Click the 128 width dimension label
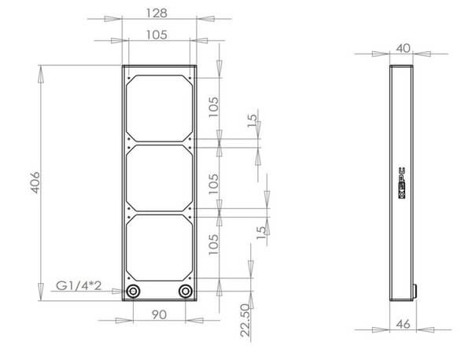coord(157,13)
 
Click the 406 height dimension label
coord(35,182)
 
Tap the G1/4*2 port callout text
coord(79,285)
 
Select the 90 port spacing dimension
coord(159,314)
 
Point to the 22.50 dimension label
coord(245,320)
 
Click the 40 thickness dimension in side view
coord(403,49)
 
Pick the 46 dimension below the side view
coord(403,324)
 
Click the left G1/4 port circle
coord(133,292)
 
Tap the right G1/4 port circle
coord(185,292)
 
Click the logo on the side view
coord(401,183)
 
